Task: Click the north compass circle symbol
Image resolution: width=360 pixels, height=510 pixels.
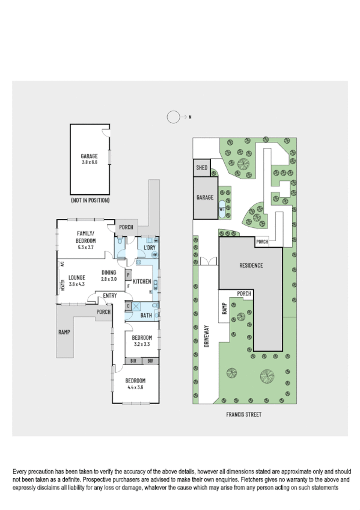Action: point(174,117)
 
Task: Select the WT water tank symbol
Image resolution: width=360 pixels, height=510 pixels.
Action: point(222,209)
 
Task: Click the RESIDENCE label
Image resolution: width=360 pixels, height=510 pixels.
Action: point(251,265)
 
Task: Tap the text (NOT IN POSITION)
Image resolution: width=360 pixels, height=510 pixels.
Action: point(89,199)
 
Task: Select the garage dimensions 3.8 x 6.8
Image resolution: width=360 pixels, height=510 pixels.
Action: point(89,161)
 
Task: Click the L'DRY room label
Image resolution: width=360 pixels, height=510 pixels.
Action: point(150,247)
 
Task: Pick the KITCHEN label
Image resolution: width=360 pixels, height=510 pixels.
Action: point(142,281)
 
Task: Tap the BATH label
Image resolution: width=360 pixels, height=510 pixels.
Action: point(146,315)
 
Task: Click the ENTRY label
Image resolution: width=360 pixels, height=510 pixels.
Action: point(109,295)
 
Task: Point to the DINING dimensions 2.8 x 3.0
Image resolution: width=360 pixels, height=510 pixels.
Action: point(109,279)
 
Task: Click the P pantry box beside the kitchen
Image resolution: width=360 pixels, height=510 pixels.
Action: point(127,275)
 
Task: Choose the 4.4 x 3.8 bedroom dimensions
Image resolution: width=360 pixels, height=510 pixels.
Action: point(135,387)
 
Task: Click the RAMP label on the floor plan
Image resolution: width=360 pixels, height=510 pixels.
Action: point(64,331)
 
